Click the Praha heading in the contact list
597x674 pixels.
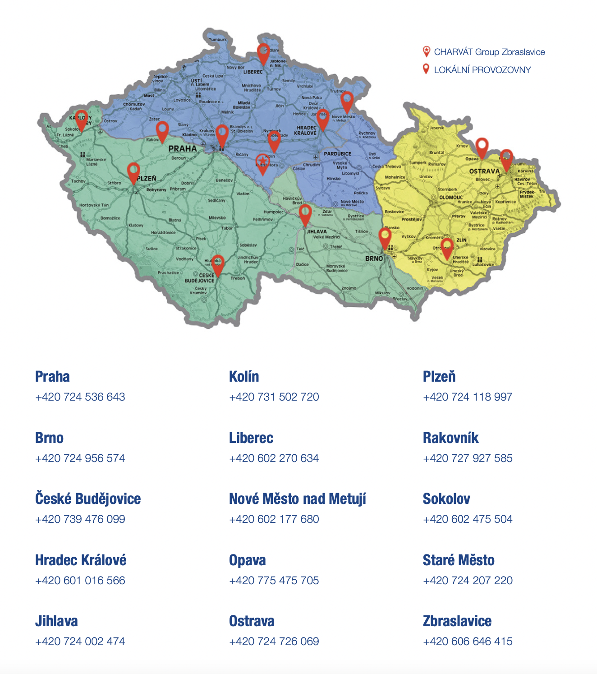tap(52, 377)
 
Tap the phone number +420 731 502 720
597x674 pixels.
tap(274, 397)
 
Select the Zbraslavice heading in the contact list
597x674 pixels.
tap(457, 621)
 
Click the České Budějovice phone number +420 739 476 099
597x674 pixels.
tap(80, 519)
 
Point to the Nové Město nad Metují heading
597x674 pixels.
tap(297, 499)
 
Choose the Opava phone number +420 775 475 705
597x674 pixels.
tap(274, 581)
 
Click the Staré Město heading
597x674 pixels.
tap(458, 560)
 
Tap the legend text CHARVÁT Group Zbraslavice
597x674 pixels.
tap(489, 52)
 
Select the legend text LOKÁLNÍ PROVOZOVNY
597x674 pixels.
tap(482, 70)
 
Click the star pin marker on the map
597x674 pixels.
tap(262, 162)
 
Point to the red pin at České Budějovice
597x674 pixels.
tap(218, 264)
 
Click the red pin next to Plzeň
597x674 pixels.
tap(133, 171)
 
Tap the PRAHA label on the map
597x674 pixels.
tap(183, 148)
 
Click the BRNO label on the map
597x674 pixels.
tap(374, 259)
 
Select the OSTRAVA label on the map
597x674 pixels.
tap(484, 171)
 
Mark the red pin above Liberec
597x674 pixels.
tap(263, 53)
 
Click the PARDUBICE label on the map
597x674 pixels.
tap(337, 154)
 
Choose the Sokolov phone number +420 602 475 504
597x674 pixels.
tap(467, 519)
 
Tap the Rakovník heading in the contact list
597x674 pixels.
tap(450, 438)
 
